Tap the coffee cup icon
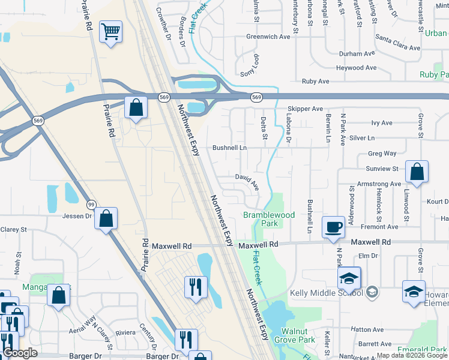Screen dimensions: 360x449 click(x=334, y=227)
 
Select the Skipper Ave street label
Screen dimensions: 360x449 click(x=305, y=109)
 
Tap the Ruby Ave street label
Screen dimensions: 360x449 click(x=315, y=81)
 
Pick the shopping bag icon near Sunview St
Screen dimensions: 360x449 click(x=417, y=172)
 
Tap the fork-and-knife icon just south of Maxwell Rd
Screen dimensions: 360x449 click(x=195, y=287)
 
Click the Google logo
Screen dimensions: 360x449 click(x=20, y=353)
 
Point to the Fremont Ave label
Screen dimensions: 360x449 click(x=379, y=227)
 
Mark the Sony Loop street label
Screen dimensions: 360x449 click(x=249, y=66)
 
